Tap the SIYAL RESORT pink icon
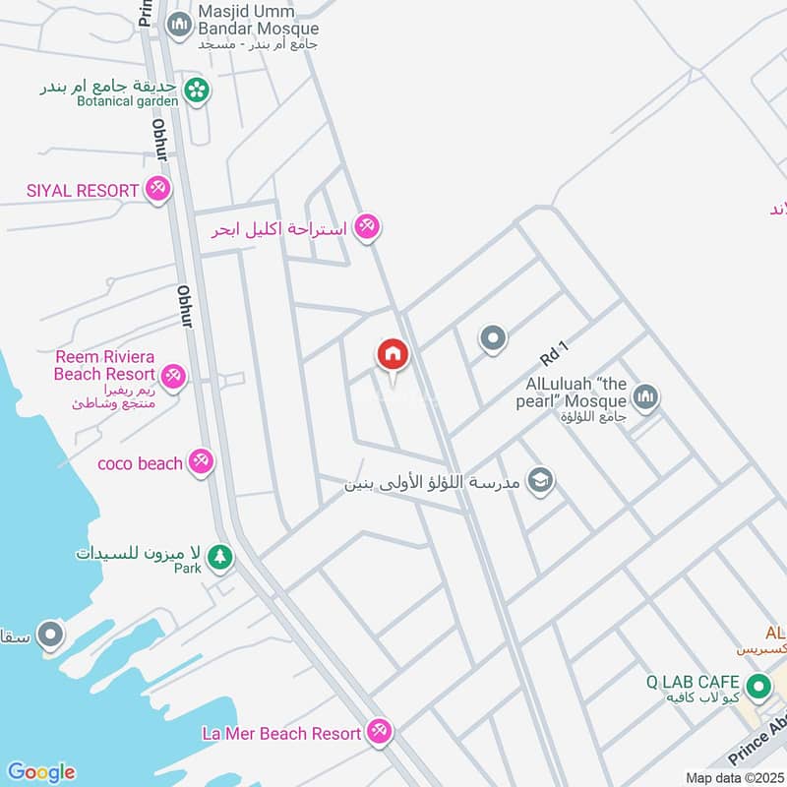point(157,189)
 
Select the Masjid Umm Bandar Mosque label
point(259,21)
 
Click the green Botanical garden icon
point(198,90)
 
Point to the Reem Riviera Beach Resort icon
point(173,376)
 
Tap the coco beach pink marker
point(201,461)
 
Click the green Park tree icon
point(221,557)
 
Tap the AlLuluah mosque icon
point(645,397)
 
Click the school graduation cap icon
point(540,480)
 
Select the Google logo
point(40,772)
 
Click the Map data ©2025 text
point(733,778)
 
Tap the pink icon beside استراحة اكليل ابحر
point(367,227)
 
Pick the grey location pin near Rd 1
point(493,339)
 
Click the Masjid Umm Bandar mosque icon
point(179,25)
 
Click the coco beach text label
point(140,463)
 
